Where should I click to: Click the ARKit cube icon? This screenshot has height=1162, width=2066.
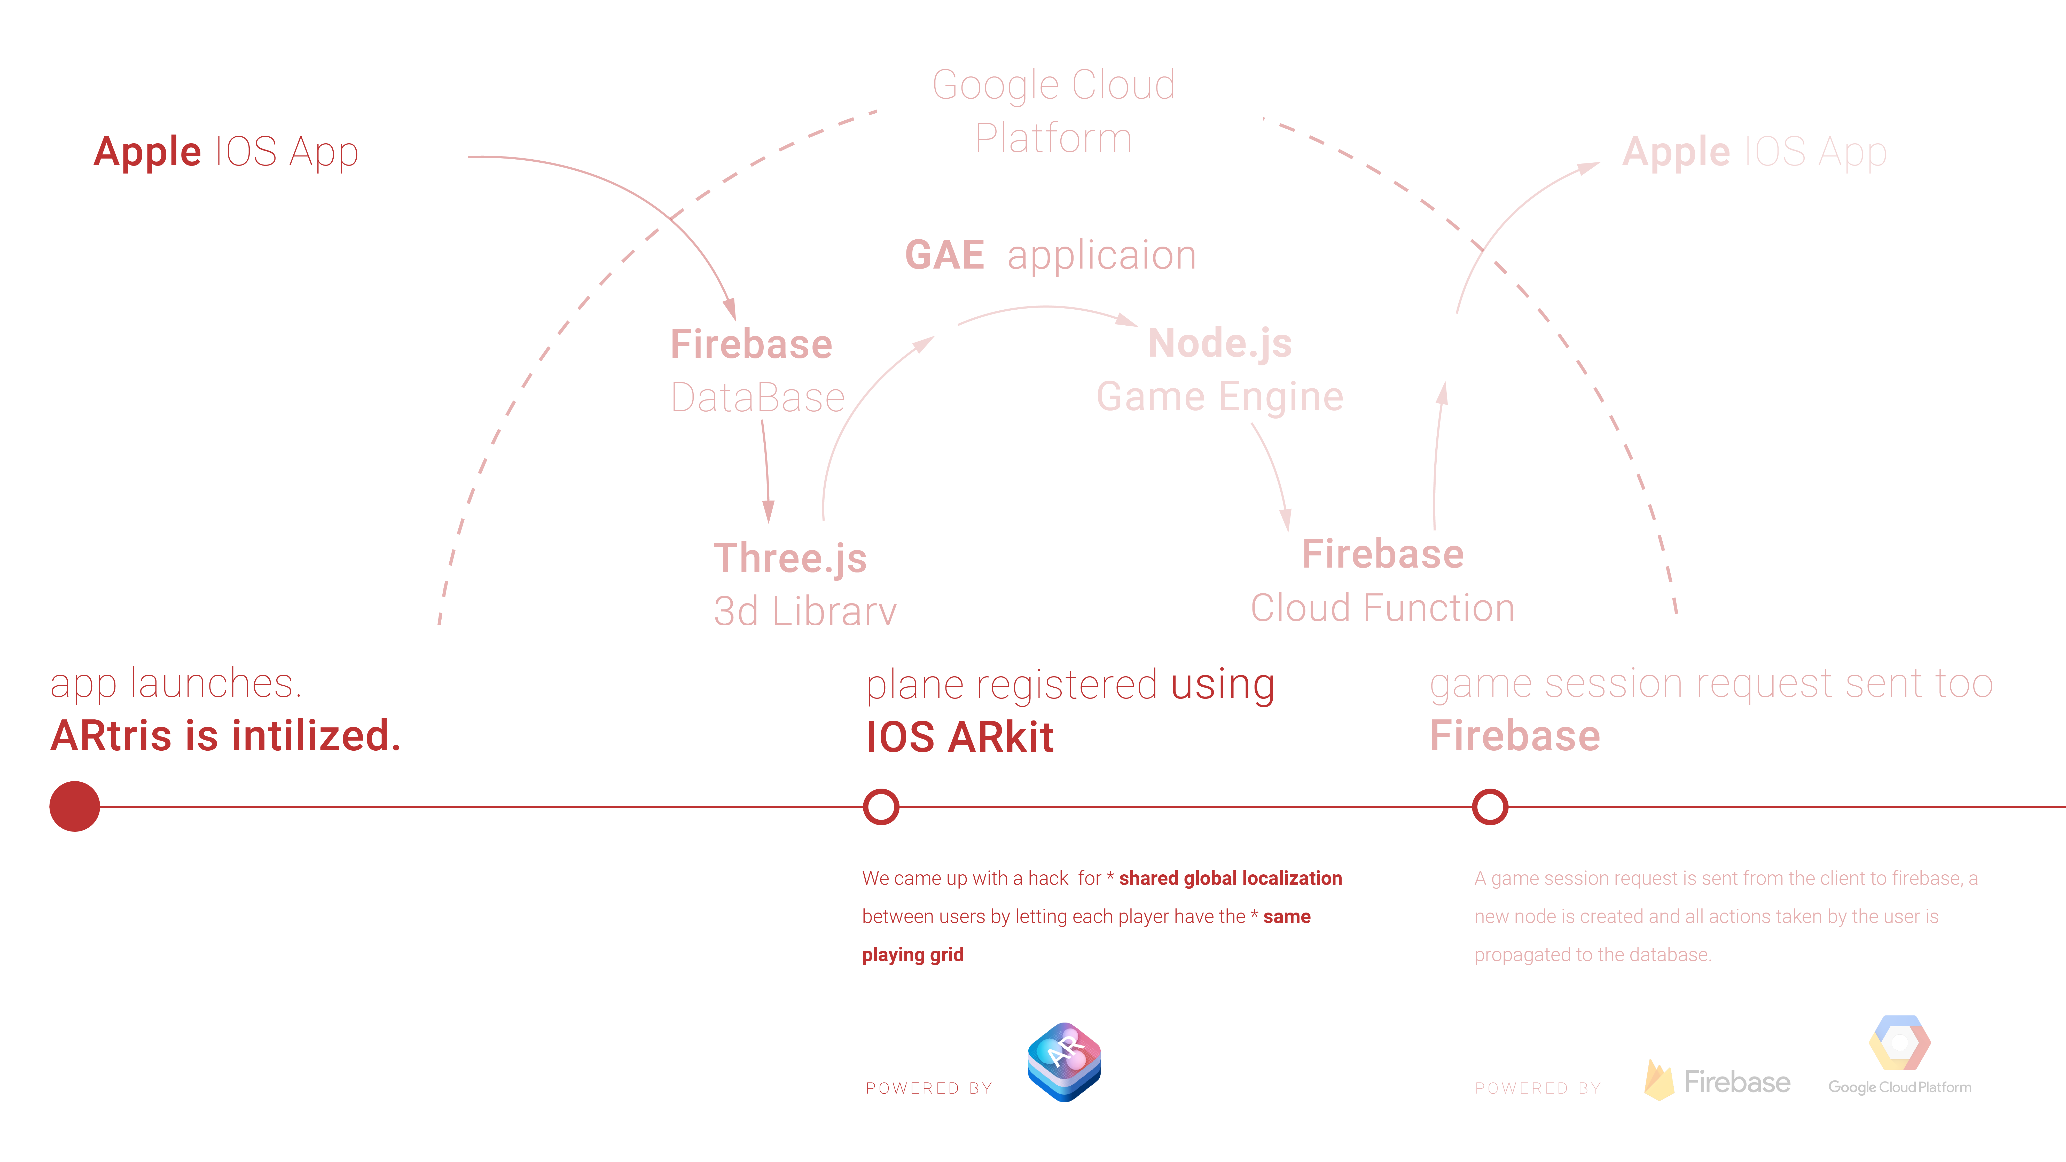pyautogui.click(x=1064, y=1062)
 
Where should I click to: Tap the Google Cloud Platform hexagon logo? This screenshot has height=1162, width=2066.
pyautogui.click(x=1899, y=1042)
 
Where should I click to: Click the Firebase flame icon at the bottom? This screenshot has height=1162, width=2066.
pyautogui.click(x=1658, y=1080)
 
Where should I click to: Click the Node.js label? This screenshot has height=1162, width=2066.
pyautogui.click(x=1219, y=343)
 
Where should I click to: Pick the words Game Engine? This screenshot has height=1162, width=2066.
pyautogui.click(x=1219, y=396)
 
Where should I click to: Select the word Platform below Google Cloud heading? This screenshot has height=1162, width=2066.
pyautogui.click(x=1053, y=138)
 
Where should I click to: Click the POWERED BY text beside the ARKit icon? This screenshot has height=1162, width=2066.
pyautogui.click(x=929, y=1088)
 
